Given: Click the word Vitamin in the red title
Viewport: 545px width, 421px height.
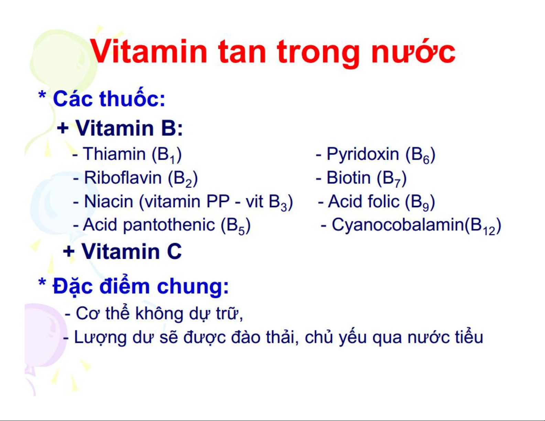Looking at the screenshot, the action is (149, 52).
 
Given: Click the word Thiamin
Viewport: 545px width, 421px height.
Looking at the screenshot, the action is (115, 154).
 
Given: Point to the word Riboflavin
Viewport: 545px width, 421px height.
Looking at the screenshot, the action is (123, 178).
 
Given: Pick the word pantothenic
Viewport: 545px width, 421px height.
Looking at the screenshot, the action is (169, 224).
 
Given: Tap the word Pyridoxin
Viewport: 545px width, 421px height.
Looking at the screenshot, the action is (363, 154).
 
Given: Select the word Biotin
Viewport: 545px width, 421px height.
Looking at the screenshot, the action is (349, 178).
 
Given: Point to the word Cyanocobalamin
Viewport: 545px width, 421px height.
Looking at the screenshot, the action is (398, 225).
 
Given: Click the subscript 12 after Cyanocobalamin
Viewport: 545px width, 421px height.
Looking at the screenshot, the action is (489, 231).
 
